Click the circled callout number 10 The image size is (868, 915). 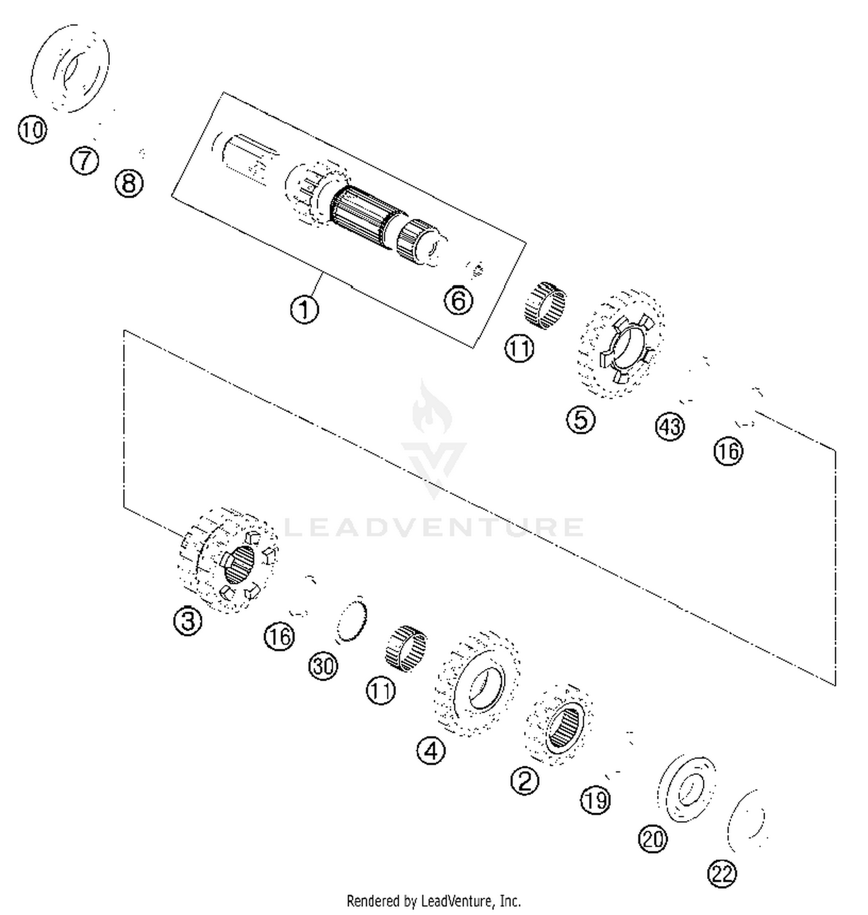[32, 130]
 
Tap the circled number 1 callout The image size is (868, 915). [304, 310]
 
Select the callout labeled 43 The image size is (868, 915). [670, 427]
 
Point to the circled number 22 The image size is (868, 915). [722, 873]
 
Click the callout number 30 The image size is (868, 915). [323, 666]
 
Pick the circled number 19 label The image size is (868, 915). [595, 800]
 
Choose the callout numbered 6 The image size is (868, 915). [458, 300]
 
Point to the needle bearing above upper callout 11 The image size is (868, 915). [545, 305]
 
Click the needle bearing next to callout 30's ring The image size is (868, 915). [406, 649]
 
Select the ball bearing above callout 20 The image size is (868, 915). [687, 788]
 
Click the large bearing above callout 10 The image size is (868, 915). [71, 68]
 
